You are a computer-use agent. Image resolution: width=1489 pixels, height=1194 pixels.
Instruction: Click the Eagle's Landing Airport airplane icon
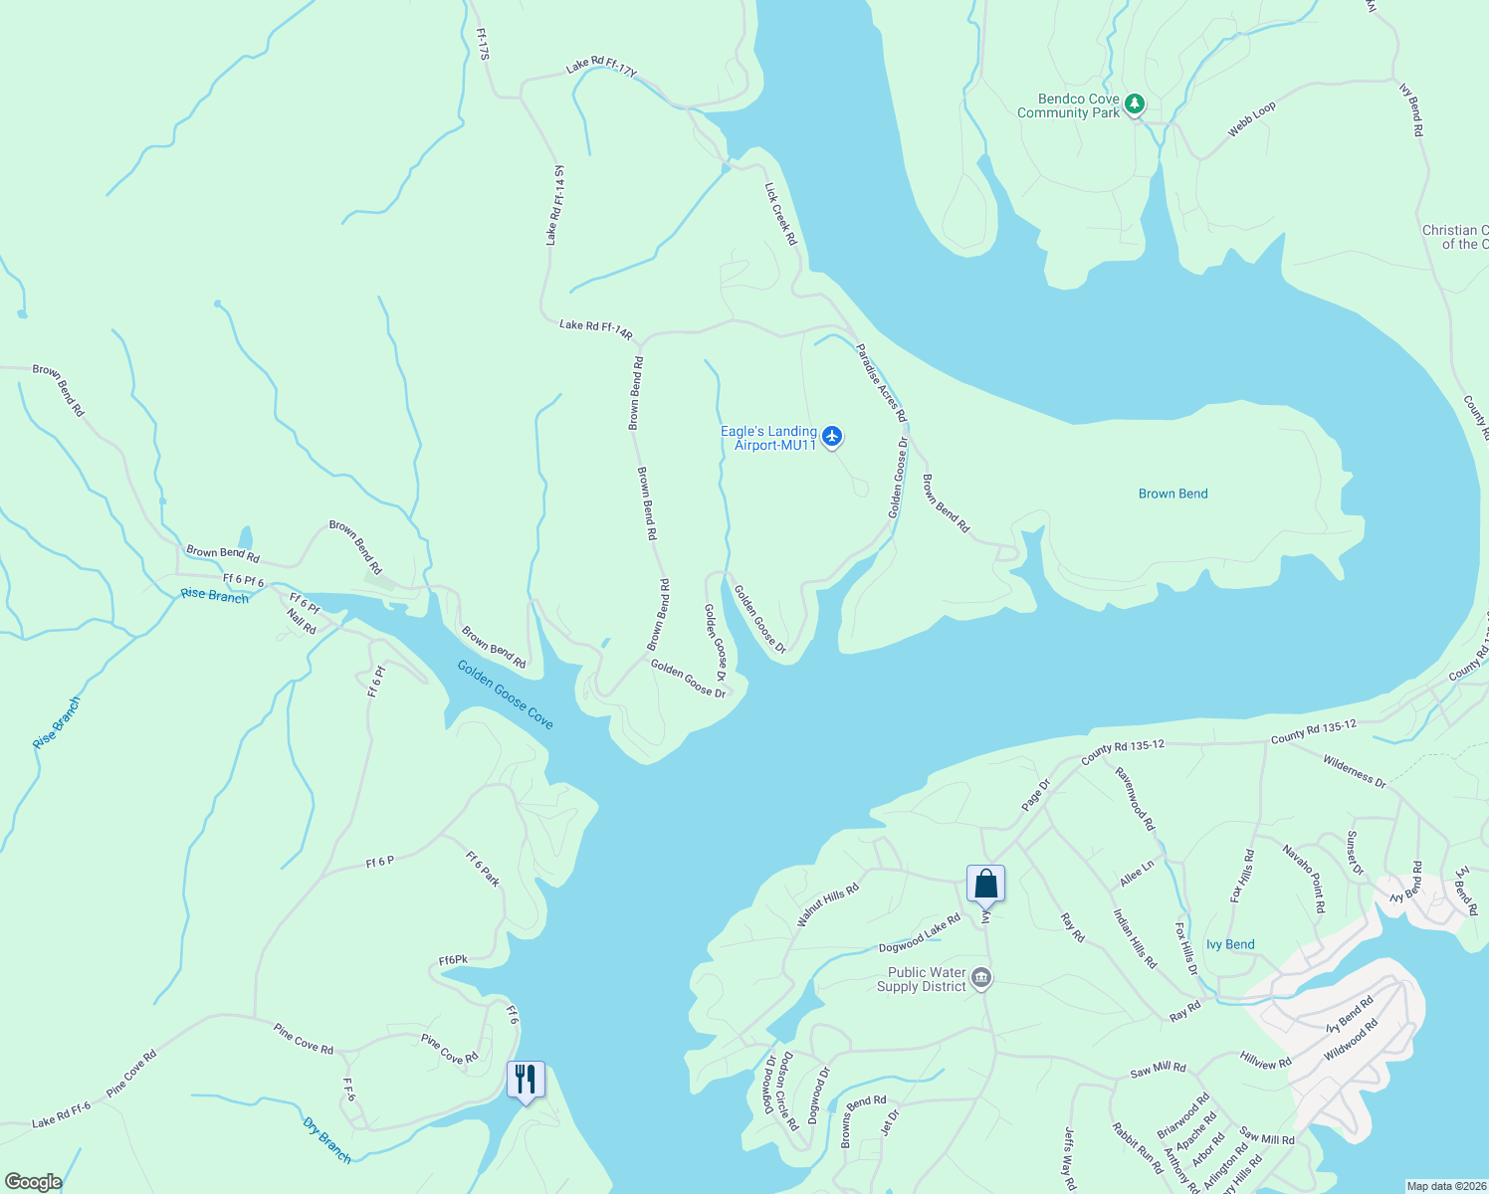(833, 437)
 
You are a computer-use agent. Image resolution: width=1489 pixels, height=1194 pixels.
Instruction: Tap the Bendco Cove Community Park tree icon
(1134, 104)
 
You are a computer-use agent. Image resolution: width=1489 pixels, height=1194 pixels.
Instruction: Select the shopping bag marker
(985, 883)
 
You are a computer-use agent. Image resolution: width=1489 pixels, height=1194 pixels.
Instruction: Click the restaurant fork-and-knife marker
(526, 1079)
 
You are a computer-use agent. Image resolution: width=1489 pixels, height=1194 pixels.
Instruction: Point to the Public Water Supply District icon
(981, 979)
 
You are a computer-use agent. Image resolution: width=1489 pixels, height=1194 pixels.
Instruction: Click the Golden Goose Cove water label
(505, 695)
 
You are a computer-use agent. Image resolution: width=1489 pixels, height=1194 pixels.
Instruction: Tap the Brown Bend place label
(1172, 494)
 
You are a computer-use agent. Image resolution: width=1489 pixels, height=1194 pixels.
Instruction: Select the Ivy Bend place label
(1230, 944)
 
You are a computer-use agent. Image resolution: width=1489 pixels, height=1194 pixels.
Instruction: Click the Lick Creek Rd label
(781, 214)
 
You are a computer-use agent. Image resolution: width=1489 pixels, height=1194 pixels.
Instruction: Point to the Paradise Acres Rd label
(882, 382)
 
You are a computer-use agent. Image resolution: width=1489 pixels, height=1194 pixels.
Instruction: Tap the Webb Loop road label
(1251, 119)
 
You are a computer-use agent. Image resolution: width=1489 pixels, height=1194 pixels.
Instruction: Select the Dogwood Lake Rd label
(920, 933)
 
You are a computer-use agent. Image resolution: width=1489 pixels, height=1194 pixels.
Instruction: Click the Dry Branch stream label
(327, 1140)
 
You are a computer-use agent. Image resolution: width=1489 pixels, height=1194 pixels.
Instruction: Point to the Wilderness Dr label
(1354, 772)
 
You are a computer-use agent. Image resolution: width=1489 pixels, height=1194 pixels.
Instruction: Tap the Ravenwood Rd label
(1135, 799)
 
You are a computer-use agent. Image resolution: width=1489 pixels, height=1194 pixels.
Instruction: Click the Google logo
(33, 1181)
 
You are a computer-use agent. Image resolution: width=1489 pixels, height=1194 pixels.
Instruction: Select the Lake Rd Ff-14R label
(595, 328)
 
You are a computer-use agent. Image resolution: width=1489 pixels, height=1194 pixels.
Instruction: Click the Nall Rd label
(302, 622)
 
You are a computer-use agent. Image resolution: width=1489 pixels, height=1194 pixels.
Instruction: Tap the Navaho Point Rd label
(1304, 879)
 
